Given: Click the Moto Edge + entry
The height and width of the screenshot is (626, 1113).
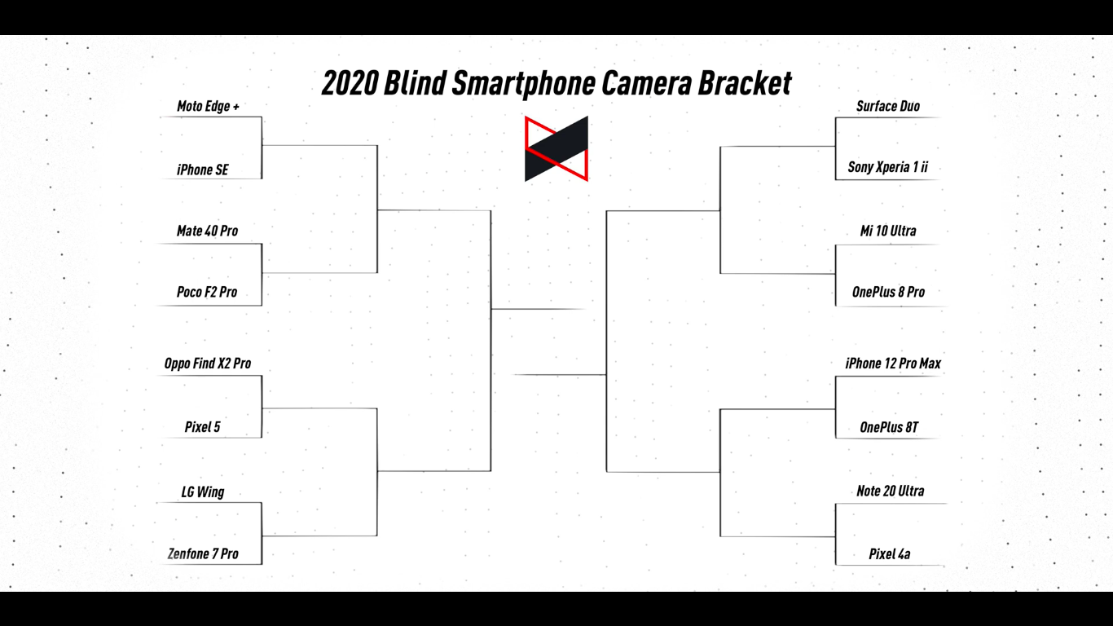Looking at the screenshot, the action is click(208, 107).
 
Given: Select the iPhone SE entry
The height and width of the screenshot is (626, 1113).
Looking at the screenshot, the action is click(202, 170).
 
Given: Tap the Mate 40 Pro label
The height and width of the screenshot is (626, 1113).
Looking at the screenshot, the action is click(207, 231).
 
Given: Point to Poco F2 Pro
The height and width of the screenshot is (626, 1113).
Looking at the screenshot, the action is click(207, 292).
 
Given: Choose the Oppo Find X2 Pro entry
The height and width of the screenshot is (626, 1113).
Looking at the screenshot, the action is click(208, 364).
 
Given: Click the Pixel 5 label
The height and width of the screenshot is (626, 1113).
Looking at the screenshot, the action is click(202, 427).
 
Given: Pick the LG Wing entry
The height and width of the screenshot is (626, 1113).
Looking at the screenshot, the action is click(202, 492).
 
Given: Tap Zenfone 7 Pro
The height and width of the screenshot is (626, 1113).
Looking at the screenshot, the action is click(203, 554).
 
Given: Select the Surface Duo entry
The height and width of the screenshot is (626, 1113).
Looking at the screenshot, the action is click(888, 107).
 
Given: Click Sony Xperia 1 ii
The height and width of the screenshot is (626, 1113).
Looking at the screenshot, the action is click(888, 167).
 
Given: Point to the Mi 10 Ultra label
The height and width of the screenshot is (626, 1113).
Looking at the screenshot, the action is click(888, 231).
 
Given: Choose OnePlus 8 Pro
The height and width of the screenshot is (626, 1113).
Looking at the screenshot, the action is click(888, 292).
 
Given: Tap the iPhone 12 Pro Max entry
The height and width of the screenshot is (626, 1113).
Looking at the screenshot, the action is click(893, 364).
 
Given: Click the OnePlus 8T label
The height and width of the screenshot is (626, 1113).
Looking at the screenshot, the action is click(889, 428).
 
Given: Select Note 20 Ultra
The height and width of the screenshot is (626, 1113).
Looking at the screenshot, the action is click(890, 492).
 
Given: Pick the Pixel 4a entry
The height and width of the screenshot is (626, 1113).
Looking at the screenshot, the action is click(890, 554).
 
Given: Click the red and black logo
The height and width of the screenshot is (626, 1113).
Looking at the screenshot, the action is click(556, 148).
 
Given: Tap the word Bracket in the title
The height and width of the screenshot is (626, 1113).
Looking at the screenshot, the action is click(745, 83).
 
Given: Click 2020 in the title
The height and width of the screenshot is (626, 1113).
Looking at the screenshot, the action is click(350, 83).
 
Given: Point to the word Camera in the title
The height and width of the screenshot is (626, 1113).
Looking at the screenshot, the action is click(646, 83).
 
